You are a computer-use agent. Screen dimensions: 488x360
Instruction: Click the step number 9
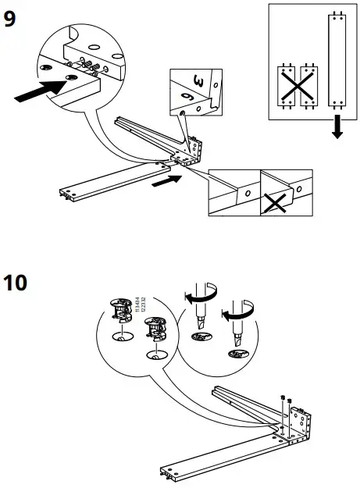(10, 19)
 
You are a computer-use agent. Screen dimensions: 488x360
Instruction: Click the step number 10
(17, 282)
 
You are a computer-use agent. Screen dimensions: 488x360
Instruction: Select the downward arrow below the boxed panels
(337, 128)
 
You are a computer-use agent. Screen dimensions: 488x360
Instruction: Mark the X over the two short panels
(296, 84)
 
